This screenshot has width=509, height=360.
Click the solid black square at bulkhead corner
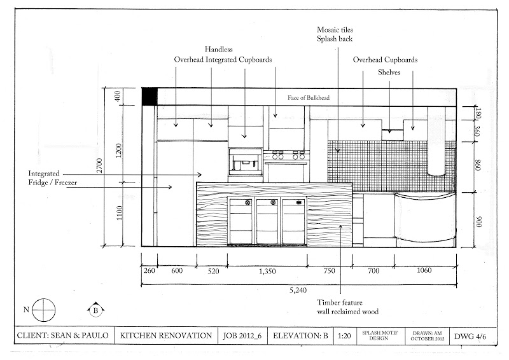[x=149, y=97]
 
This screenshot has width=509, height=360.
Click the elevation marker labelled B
[x=94, y=310]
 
